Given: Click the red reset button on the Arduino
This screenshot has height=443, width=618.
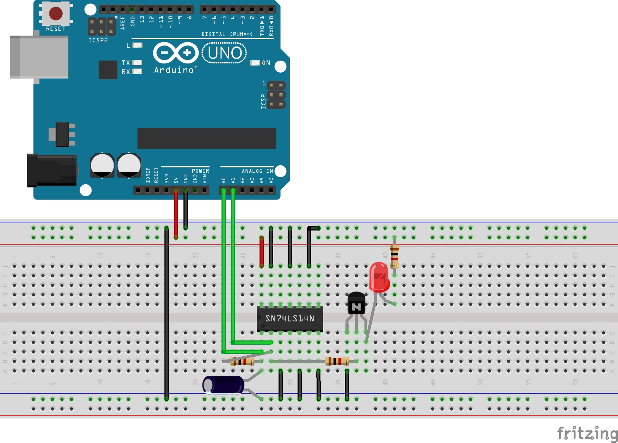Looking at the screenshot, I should (x=56, y=13).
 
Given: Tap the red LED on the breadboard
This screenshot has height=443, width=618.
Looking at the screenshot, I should (x=379, y=277).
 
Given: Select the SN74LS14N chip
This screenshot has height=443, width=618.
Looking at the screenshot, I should (x=289, y=319).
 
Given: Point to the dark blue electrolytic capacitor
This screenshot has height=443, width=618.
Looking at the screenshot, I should (x=224, y=384).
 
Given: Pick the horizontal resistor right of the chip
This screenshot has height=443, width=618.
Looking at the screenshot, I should (x=337, y=361).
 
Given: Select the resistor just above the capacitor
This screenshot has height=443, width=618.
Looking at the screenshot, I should (x=242, y=361).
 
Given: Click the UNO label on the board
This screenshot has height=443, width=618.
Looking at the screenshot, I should (x=224, y=53).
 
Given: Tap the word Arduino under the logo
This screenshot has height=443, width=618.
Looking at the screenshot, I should (x=174, y=70).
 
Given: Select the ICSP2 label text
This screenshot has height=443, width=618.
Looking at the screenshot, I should (x=98, y=41).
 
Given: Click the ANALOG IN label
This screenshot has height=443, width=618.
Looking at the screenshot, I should (x=257, y=171).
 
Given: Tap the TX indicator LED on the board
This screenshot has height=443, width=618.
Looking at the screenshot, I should (x=137, y=63).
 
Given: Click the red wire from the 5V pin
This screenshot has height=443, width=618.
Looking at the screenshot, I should (x=176, y=215).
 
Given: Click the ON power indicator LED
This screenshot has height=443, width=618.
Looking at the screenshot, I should (x=255, y=63).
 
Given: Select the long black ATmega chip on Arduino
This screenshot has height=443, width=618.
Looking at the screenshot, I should (x=207, y=138).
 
